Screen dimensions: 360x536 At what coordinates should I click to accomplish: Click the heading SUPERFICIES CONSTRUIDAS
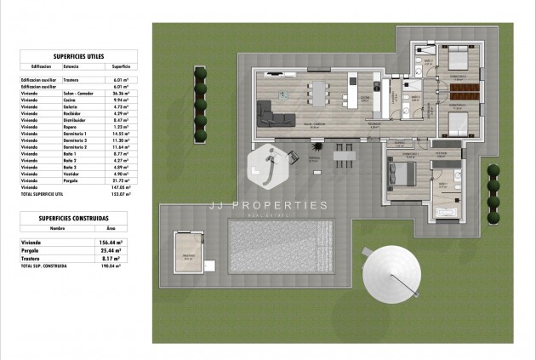[x=74, y=217]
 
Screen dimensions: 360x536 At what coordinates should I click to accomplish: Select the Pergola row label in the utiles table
[x=71, y=181]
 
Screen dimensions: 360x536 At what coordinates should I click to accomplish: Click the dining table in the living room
[x=321, y=91]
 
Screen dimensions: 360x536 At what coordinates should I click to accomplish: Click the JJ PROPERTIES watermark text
[x=269, y=205]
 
